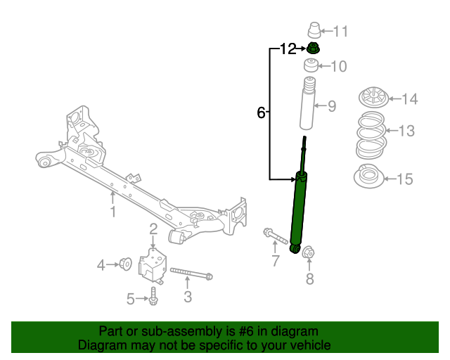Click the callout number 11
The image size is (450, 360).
point(340,32)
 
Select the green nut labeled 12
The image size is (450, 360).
point(314,49)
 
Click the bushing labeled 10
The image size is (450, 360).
point(311,67)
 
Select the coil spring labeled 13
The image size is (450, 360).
point(370,134)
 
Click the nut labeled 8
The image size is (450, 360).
point(309,251)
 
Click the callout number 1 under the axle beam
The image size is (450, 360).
point(112,211)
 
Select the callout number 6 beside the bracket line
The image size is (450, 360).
point(261,112)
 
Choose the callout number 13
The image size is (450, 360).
point(406,131)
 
